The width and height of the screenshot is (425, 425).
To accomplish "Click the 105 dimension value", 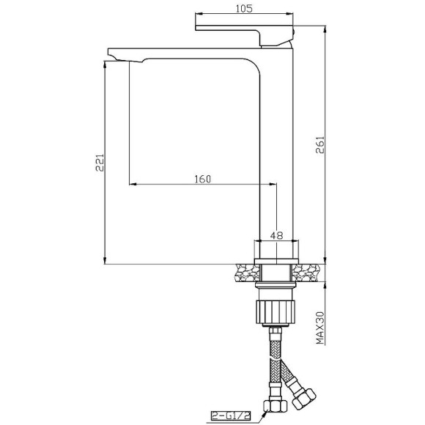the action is [244, 9].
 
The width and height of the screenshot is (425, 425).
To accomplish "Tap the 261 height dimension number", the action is [320, 145].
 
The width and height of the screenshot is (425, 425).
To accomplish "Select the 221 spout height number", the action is [100, 163].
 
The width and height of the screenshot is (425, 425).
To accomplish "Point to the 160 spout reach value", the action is [202, 179].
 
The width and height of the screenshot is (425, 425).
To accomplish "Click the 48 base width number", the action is [276, 235].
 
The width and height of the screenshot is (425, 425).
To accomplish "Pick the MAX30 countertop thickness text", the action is [320, 328].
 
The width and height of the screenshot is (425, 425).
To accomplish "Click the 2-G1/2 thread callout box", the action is [231, 415].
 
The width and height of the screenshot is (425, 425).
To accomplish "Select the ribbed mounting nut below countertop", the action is [276, 311].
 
